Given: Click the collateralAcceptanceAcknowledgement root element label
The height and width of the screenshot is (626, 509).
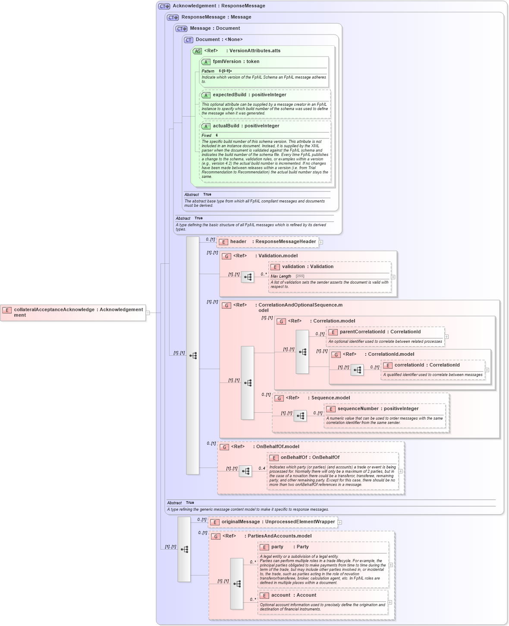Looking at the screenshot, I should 78,312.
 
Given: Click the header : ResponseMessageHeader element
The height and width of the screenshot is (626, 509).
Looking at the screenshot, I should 272,242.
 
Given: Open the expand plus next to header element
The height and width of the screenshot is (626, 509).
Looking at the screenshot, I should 321,242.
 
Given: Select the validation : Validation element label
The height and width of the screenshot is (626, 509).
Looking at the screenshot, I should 307,267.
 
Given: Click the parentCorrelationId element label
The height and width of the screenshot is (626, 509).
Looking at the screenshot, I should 380,332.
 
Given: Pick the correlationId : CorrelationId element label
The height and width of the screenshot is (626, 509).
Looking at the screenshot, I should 427,365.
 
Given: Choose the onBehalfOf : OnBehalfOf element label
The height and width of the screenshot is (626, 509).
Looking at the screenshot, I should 309,458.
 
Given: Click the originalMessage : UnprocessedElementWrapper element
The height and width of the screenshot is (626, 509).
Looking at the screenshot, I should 278,522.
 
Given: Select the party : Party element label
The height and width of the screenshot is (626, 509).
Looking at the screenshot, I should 289,547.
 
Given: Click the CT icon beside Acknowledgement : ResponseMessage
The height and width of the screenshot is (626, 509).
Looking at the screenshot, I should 164,6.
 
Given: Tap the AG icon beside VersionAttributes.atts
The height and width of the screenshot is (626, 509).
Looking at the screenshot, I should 198,51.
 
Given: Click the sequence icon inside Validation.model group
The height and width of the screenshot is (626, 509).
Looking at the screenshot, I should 248,277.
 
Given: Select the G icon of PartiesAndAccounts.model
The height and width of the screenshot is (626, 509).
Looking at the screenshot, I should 216,536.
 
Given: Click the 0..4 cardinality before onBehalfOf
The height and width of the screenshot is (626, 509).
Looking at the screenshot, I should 262,468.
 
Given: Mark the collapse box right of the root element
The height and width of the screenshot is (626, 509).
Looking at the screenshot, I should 148,313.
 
